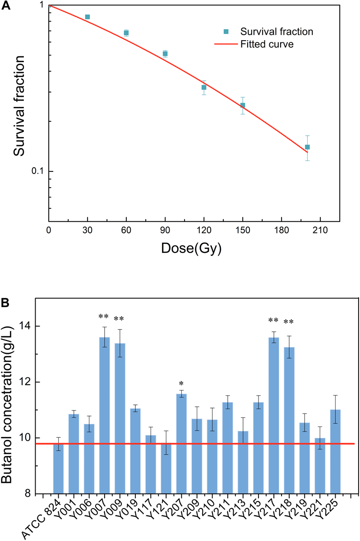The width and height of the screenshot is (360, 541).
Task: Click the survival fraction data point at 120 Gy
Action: pyautogui.click(x=204, y=87)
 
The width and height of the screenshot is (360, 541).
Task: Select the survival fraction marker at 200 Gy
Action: pyautogui.click(x=307, y=147)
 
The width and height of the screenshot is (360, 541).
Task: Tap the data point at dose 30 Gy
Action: pyautogui.click(x=88, y=17)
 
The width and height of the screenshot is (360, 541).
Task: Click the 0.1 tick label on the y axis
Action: pyautogui.click(x=37, y=171)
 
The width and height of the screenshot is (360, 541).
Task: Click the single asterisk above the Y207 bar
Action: pyautogui.click(x=181, y=383)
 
